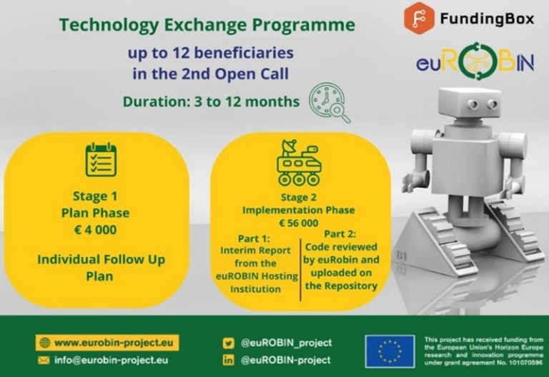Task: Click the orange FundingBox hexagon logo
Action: click(x=419, y=18)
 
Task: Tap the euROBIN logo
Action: click(x=475, y=62)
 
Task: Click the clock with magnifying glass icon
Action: click(x=329, y=102)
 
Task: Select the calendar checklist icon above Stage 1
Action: click(x=101, y=159)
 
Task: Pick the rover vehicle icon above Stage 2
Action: click(x=299, y=163)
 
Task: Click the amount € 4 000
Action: click(x=96, y=230)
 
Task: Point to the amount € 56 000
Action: click(x=299, y=223)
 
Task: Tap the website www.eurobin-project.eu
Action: click(x=114, y=343)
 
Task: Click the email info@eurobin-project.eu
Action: click(x=111, y=360)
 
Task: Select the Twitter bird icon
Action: click(x=229, y=343)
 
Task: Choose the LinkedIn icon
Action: click(x=229, y=360)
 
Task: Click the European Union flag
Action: click(x=390, y=351)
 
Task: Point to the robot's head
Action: click(x=470, y=104)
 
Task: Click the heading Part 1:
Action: click(x=254, y=238)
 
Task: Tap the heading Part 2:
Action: click(x=340, y=233)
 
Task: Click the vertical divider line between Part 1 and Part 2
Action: click(x=300, y=270)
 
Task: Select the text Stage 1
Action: click(x=95, y=196)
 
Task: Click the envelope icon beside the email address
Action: click(x=44, y=360)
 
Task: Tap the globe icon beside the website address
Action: click(x=45, y=343)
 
